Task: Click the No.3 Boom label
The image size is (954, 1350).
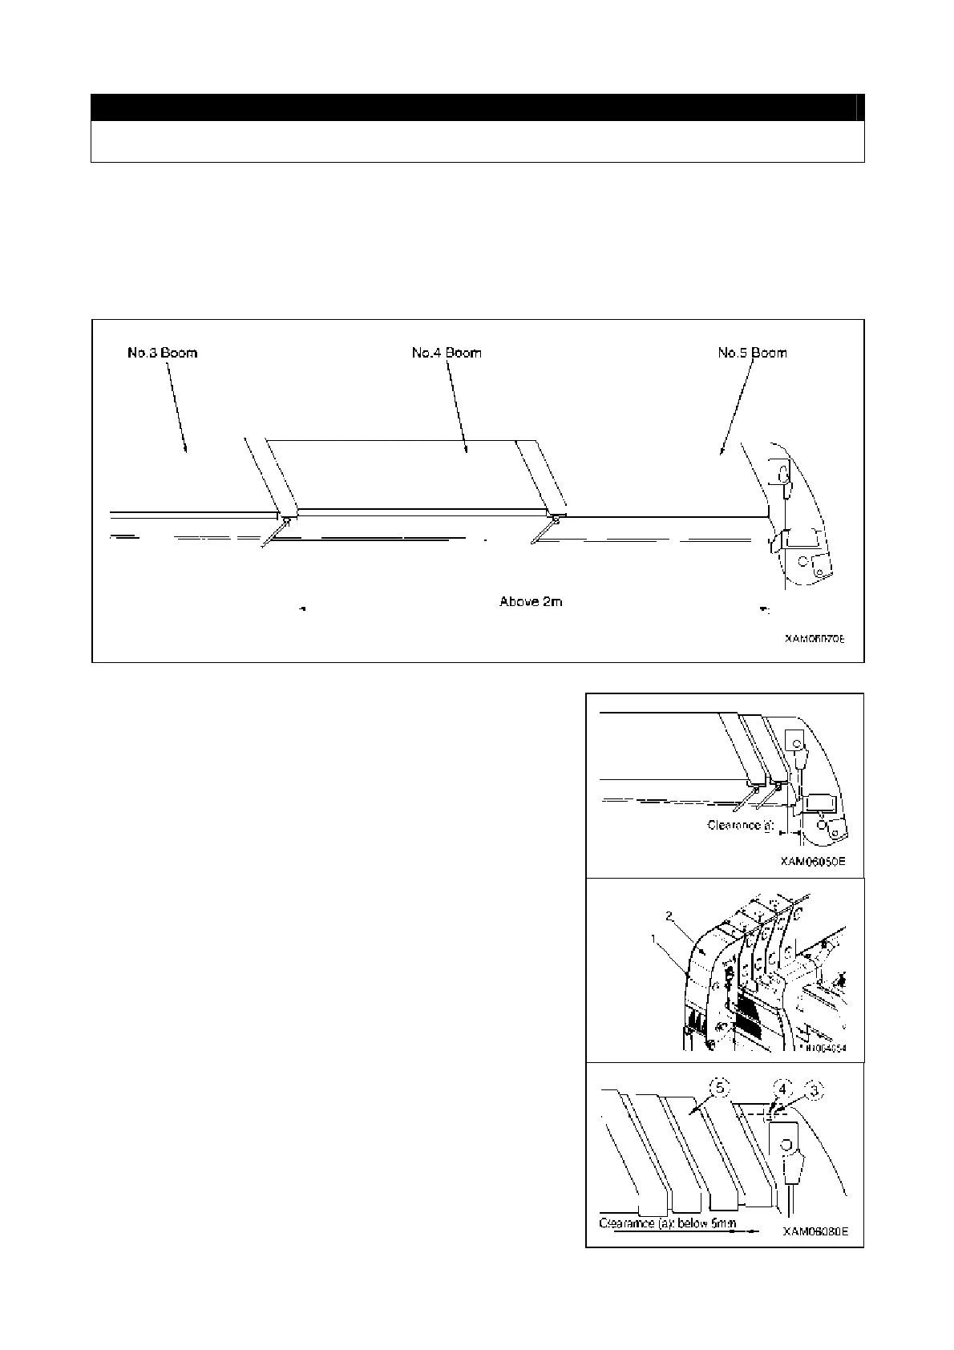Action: [162, 353]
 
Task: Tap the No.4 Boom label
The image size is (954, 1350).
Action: [447, 353]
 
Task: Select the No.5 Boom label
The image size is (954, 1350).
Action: [752, 353]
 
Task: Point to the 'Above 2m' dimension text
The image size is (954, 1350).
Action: [531, 601]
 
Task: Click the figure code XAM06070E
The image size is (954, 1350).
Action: [815, 639]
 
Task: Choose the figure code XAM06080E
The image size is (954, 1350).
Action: [815, 1231]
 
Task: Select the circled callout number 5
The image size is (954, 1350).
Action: [722, 1089]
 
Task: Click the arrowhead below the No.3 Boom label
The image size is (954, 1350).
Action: [186, 451]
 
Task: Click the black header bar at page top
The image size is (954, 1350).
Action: [477, 107]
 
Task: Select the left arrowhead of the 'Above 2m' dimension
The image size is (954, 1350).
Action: [301, 609]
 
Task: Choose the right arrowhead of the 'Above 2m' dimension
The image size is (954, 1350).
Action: [764, 610]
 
